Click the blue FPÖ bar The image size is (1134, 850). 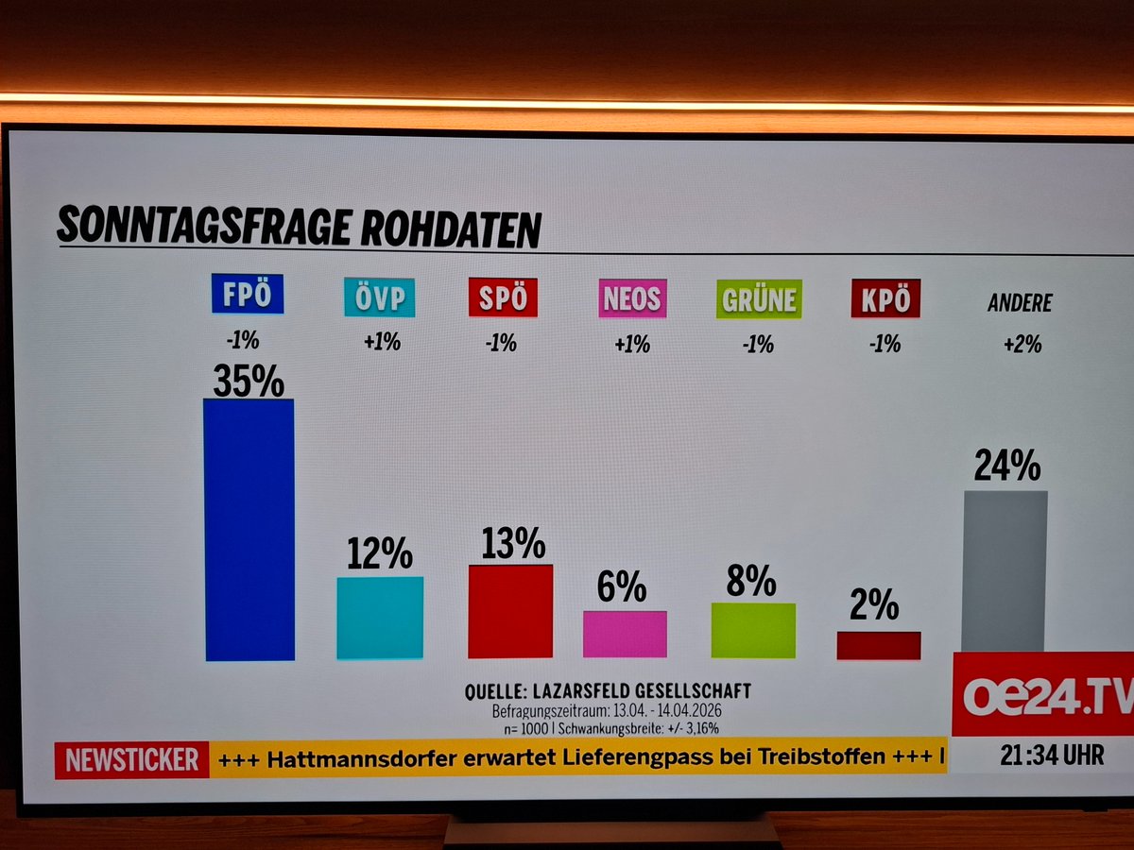[249, 529]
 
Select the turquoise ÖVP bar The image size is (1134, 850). [380, 617]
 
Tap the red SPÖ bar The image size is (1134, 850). [510, 611]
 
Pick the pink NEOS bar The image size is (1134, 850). [625, 634]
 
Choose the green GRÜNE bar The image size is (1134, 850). [753, 630]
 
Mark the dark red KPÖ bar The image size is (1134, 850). [878, 645]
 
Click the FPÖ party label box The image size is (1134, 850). [248, 295]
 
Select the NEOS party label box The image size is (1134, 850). [632, 299]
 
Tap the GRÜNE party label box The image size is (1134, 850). [759, 299]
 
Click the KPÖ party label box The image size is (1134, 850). [885, 299]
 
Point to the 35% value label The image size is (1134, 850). [248, 381]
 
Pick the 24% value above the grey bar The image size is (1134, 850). [1007, 466]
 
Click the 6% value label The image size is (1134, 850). [622, 588]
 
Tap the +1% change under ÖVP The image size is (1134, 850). [382, 342]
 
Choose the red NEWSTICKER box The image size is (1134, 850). [131, 759]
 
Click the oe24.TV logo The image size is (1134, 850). [1044, 695]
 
